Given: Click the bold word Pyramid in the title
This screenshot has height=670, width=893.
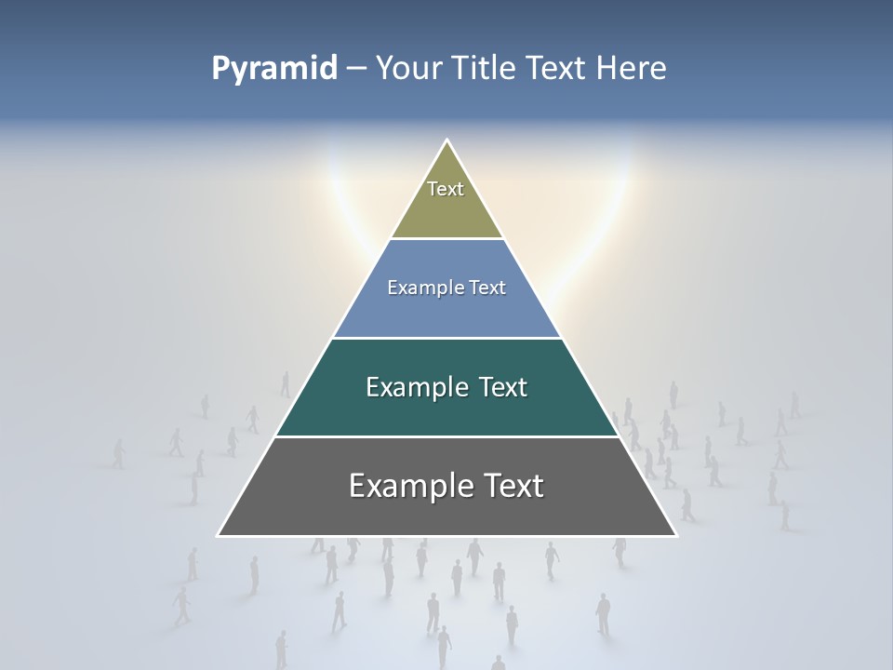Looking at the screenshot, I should (x=274, y=69).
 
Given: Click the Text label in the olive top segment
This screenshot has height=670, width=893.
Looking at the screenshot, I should (x=446, y=189).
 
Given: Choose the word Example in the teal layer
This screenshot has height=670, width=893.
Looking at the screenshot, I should (x=415, y=387).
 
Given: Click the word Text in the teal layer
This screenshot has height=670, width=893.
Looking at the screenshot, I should (x=503, y=387).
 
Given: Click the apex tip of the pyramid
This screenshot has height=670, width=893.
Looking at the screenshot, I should (x=447, y=141).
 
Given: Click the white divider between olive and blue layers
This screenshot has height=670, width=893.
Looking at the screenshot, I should (x=446, y=239).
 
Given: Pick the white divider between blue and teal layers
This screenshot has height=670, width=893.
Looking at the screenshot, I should (x=446, y=338).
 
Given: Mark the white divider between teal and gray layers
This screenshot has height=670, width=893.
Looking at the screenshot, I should (x=446, y=436).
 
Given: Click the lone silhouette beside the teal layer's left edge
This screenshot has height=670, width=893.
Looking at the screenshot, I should (x=286, y=383).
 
